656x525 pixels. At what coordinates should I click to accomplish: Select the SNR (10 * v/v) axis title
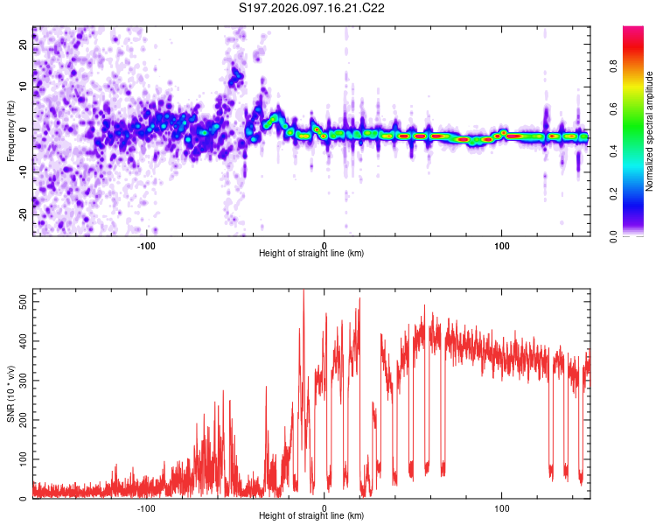click(x=10, y=395)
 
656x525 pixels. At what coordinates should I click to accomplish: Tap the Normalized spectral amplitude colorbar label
click(x=650, y=131)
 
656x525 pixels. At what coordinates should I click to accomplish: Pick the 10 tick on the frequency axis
click(x=24, y=87)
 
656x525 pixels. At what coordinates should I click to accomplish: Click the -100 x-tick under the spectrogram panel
click(x=146, y=244)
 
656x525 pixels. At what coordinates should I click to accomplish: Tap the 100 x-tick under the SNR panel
click(x=503, y=507)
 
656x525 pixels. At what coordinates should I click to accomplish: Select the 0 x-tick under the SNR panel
click(x=325, y=507)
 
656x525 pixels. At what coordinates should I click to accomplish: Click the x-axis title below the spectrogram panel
click(x=312, y=254)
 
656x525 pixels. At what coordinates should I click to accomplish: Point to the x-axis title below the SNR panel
click(x=312, y=517)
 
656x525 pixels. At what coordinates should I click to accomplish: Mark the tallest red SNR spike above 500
click(x=303, y=293)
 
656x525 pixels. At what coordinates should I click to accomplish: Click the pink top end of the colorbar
click(x=633, y=31)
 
